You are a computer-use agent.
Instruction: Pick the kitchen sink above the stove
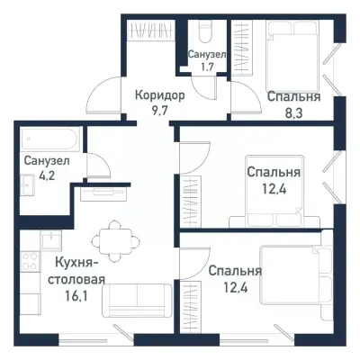click(x=30, y=239)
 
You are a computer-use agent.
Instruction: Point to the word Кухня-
click(x=76, y=263)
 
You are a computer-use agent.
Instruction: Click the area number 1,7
click(x=206, y=67)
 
